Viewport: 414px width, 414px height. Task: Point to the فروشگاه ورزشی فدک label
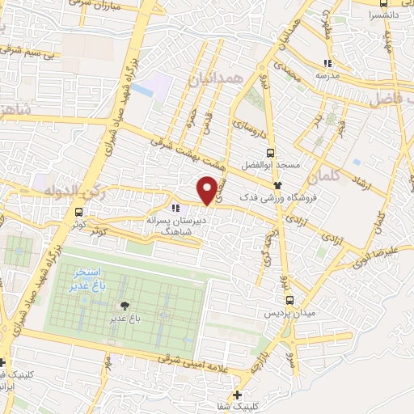285,196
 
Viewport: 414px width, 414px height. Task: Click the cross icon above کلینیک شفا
235,395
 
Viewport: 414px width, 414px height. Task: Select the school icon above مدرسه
327,63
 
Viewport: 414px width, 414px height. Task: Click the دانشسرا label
382,15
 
